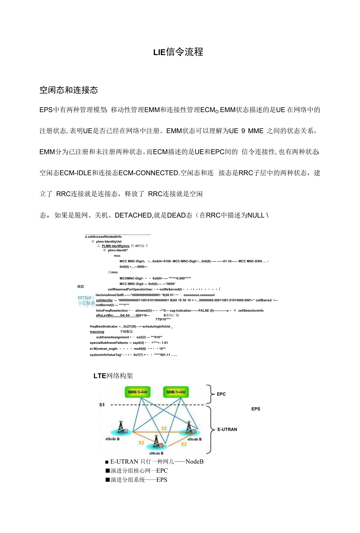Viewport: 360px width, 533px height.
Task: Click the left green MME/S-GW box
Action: click(138, 392)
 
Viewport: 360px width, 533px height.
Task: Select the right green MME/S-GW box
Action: click(176, 392)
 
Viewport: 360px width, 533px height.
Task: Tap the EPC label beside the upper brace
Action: click(221, 394)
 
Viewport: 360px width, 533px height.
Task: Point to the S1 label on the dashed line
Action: click(102, 405)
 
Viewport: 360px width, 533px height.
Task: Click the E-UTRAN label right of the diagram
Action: click(227, 430)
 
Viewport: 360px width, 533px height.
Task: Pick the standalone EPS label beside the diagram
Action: click(256, 409)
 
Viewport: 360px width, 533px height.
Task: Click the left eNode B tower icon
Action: click(121, 427)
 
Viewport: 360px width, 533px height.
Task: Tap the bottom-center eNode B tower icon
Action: click(157, 442)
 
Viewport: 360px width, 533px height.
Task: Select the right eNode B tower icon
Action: click(189, 427)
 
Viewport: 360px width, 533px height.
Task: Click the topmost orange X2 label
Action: click(164, 428)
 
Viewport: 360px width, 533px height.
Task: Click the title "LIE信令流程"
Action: click(178, 52)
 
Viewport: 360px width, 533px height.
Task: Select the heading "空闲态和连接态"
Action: click(68, 90)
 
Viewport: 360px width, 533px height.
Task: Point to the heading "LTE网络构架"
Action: click(113, 376)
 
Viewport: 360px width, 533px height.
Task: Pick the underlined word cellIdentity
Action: click(104, 300)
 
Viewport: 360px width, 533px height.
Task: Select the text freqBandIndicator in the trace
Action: click(104, 326)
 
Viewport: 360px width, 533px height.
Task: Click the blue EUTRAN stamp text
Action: click(85, 298)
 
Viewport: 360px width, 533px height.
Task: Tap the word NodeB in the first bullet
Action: click(194, 462)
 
